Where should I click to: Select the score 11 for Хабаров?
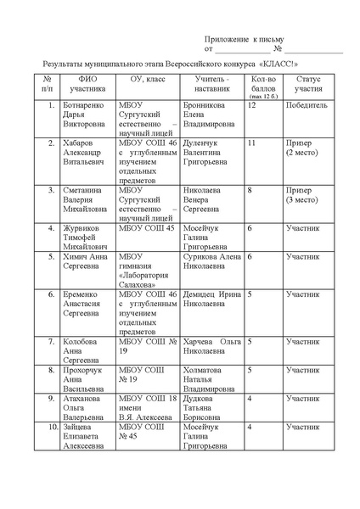pos(251,143)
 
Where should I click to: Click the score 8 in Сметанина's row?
pos(250,191)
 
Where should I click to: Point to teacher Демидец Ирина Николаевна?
pos(210,298)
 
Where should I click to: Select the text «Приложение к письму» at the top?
pos(246,40)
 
